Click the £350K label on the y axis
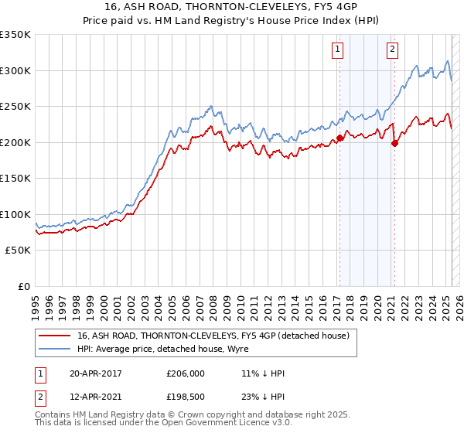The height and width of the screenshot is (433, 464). pyautogui.click(x=15, y=35)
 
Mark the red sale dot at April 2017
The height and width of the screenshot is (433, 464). pyautogui.click(x=339, y=138)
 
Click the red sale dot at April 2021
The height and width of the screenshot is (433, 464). pyautogui.click(x=394, y=143)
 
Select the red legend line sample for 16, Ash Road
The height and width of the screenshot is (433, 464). pyautogui.click(x=54, y=336)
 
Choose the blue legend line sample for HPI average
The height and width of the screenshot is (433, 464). pyautogui.click(x=54, y=349)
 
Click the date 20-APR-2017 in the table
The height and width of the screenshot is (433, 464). pyautogui.click(x=95, y=373)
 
